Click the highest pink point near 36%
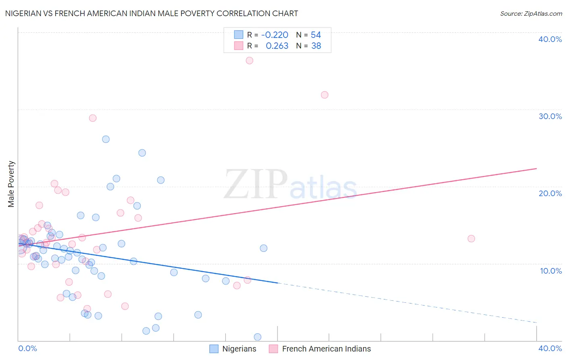(249, 61)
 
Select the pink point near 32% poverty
(325, 95)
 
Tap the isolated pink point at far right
(471, 239)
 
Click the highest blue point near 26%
(106, 139)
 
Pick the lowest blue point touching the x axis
(258, 337)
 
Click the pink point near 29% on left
(93, 118)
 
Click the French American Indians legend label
(326, 349)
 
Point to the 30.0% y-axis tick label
(550, 116)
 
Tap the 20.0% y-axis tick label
(550, 193)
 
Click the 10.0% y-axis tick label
(550, 271)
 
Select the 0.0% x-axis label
(27, 348)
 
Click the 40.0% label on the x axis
(550, 348)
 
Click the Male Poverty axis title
(11, 184)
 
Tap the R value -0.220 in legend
(275, 35)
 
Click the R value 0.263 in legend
(277, 46)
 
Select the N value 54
(316, 35)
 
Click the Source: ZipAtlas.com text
(531, 14)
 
